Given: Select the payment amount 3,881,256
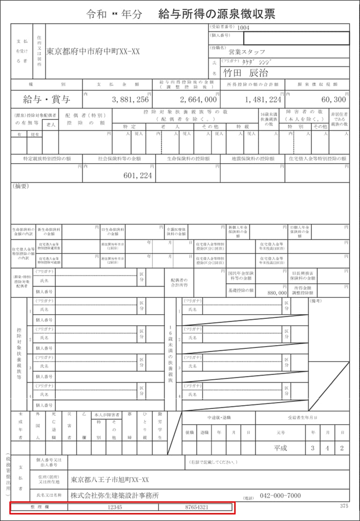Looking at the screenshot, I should point(130,100).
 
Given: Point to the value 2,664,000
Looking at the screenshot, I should point(198,100).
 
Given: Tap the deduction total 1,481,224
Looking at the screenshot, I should point(263,100).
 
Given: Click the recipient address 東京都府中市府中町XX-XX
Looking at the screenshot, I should point(93,52).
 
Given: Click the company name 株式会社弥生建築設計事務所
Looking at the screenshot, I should point(115,495).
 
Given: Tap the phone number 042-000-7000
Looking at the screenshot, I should point(280,495).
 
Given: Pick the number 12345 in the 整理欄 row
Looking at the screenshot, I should point(114,507).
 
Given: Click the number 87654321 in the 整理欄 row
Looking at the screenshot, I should point(196,507).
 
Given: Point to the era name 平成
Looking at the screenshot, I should point(281,448).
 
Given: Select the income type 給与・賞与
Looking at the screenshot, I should point(46,100).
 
